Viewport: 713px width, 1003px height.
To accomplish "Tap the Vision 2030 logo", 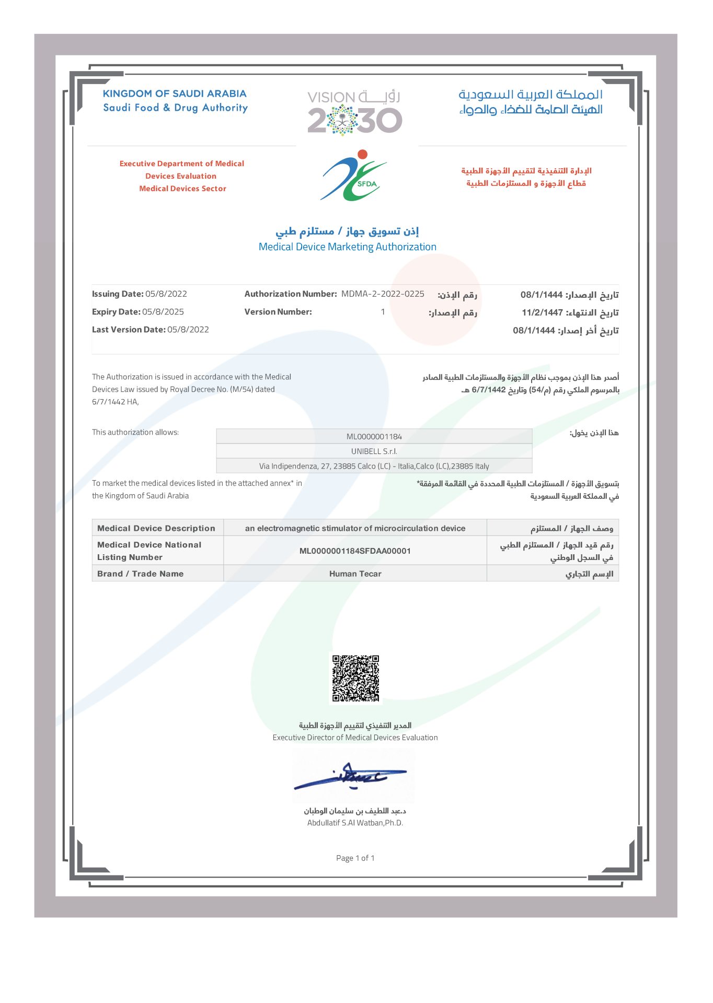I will [354, 113].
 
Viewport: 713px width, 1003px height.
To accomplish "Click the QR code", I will [355, 678].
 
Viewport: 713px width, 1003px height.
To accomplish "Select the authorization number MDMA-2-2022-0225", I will [383, 294].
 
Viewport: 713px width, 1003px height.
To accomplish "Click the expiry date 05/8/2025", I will [163, 312].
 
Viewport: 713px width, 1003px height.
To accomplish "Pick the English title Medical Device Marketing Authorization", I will [347, 247].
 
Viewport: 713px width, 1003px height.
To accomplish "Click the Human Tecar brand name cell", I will [355, 574].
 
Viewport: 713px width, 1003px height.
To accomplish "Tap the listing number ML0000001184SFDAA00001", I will [355, 551].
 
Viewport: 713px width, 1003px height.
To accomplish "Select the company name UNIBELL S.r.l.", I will [374, 451].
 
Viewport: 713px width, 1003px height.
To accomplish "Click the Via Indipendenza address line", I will [374, 465].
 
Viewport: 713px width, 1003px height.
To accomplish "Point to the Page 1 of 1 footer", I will [355, 858].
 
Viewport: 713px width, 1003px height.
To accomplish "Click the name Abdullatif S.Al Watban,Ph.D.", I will [355, 823].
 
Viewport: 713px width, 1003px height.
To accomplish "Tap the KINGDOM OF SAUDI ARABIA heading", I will [175, 94].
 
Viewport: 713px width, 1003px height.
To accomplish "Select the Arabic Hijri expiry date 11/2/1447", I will [542, 312].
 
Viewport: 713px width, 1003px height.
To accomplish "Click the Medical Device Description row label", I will [156, 528].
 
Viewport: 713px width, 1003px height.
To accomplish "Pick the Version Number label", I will [278, 312].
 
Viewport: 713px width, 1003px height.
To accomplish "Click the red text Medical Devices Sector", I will [182, 189].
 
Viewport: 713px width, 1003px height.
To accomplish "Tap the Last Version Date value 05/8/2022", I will [188, 330].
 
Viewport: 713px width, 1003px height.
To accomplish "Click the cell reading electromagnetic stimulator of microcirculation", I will [355, 528].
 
